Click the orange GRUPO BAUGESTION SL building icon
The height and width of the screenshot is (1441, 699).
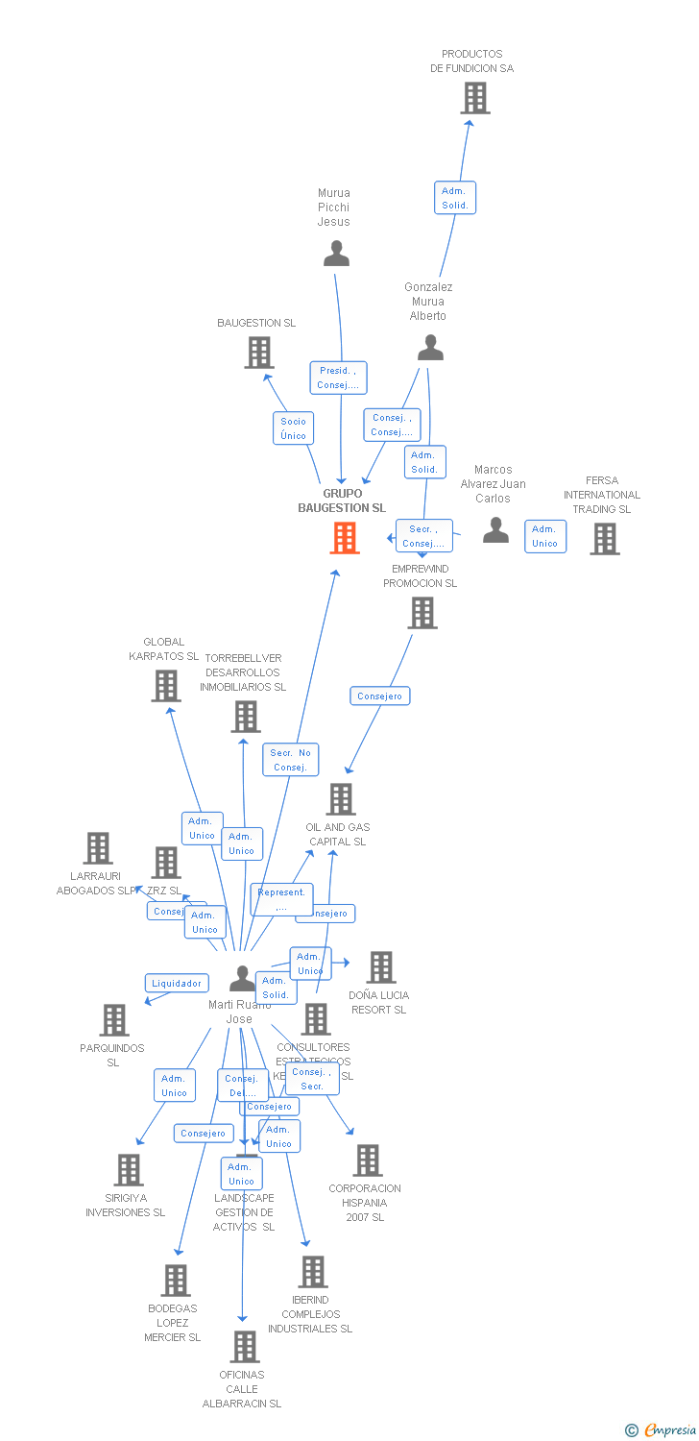[x=345, y=538]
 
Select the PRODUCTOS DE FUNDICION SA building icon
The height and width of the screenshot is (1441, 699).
[x=474, y=98]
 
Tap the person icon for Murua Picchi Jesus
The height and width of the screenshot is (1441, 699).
[x=336, y=254]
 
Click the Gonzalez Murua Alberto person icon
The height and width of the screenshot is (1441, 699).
[x=430, y=348]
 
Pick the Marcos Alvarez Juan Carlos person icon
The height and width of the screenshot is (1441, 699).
[x=495, y=530]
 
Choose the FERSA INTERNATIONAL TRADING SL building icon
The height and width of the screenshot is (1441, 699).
[x=605, y=539]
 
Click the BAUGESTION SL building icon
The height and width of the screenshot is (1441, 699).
[x=259, y=353]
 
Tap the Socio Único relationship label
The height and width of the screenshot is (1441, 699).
[x=293, y=428]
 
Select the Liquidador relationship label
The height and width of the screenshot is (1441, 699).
[x=177, y=983]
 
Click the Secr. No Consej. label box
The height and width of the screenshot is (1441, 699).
[x=290, y=760]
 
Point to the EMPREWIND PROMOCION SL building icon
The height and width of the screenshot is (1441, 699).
[x=422, y=613]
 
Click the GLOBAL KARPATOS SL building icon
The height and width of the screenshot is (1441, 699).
[x=166, y=686]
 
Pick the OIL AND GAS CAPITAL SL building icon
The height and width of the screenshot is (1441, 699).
[x=341, y=799]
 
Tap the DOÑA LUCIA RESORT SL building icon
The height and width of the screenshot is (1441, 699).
[x=381, y=967]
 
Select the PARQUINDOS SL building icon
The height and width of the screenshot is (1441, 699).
[x=114, y=1020]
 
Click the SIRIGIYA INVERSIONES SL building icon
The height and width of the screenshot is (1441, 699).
[x=129, y=1170]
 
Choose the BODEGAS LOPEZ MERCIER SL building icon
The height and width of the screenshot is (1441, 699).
[x=176, y=1281]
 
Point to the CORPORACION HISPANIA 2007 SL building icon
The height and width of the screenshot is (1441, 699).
[x=368, y=1160]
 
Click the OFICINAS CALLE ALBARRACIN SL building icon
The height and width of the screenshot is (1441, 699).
[x=245, y=1347]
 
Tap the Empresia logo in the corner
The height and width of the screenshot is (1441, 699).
[x=663, y=1430]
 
